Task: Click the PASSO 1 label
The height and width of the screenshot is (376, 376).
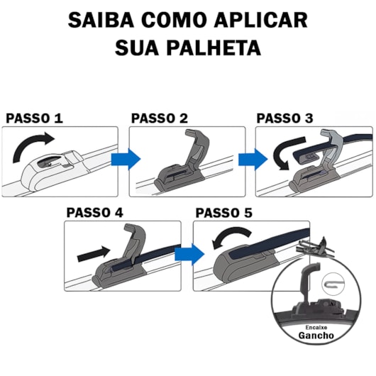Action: tap(34, 118)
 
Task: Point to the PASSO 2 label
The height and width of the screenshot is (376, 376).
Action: tap(160, 118)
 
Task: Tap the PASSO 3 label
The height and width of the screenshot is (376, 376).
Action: tap(284, 118)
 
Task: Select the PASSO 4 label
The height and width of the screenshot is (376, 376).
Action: tap(95, 212)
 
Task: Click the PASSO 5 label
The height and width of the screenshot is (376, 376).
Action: tap(224, 212)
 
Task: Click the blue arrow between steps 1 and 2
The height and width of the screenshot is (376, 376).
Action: tap(129, 159)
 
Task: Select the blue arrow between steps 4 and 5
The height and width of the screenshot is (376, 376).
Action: tap(189, 253)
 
